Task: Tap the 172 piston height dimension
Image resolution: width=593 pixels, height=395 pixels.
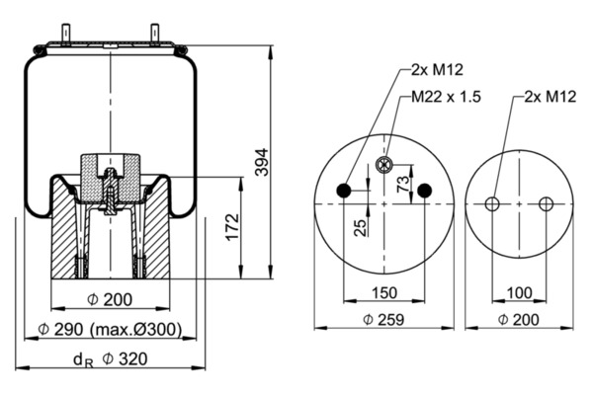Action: click(x=231, y=227)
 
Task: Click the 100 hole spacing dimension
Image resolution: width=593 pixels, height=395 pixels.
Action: click(x=518, y=292)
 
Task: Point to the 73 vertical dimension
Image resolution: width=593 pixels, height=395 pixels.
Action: click(x=402, y=185)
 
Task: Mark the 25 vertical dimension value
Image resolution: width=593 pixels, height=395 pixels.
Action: click(x=362, y=226)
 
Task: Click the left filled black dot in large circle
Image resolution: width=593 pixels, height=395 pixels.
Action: click(x=344, y=191)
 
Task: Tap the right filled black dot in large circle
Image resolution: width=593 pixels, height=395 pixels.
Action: click(x=425, y=191)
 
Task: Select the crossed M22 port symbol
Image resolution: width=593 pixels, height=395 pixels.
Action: click(x=385, y=164)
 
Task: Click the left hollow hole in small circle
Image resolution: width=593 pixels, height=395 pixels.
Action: click(x=492, y=204)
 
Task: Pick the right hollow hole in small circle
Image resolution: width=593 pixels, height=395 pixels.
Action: click(x=546, y=204)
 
